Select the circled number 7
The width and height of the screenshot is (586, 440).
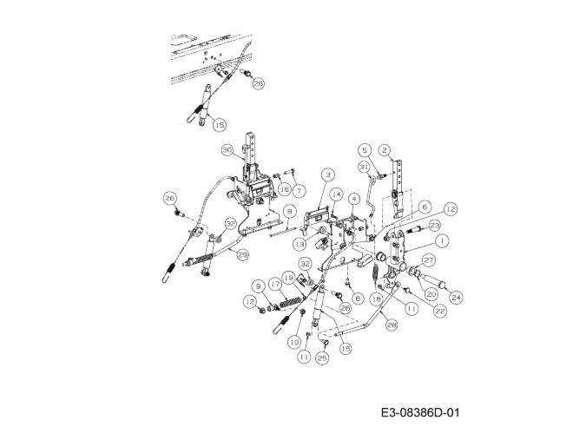[300, 189]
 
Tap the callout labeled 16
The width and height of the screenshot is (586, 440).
[284, 187]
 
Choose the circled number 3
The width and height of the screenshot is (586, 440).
[327, 174]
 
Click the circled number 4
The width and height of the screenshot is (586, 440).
[354, 199]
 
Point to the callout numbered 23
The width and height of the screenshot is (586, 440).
[434, 226]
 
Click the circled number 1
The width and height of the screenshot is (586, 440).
[442, 241]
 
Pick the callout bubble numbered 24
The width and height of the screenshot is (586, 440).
[457, 297]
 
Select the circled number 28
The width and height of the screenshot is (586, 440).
[392, 325]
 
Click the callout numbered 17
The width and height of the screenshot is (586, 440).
[273, 284]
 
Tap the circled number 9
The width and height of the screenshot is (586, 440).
[259, 285]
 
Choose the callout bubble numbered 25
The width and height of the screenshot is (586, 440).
[322, 356]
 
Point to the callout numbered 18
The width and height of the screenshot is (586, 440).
[376, 298]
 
